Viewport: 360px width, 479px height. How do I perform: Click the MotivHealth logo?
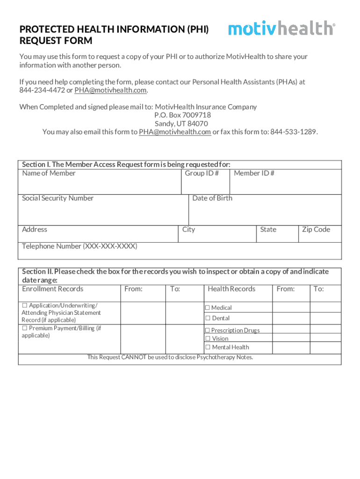point(281,29)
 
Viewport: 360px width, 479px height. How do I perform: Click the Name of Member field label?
point(49,174)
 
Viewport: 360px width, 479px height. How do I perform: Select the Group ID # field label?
point(202,174)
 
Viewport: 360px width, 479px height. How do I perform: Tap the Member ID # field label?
point(254,174)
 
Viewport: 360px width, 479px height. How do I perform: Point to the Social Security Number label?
point(58,198)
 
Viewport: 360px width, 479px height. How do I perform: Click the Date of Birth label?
point(212,198)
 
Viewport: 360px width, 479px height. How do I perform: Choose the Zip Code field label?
point(316,230)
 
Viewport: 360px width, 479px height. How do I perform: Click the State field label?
point(268,230)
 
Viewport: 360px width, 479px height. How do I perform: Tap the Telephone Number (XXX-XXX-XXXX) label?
point(79,247)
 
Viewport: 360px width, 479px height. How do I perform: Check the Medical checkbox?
point(208,308)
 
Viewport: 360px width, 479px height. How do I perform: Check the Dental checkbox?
point(208,319)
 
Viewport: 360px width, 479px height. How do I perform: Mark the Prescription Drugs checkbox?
point(208,331)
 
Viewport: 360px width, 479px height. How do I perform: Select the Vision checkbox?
point(208,339)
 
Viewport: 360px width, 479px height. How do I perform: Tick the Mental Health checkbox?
point(208,348)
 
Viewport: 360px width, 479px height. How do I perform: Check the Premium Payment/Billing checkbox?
point(24,328)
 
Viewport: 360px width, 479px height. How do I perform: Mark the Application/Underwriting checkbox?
point(24,305)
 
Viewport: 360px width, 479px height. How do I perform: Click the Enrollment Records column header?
point(52,289)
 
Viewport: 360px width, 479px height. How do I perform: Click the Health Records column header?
point(231,289)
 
